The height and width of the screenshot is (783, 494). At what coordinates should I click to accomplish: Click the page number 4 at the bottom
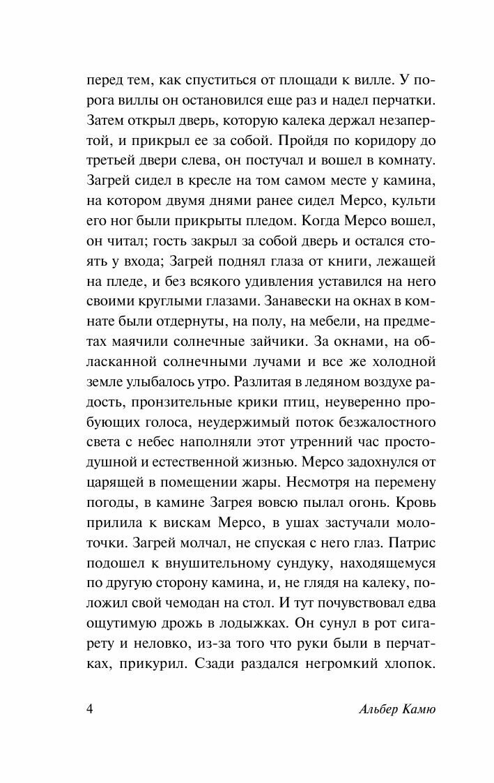(88, 709)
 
